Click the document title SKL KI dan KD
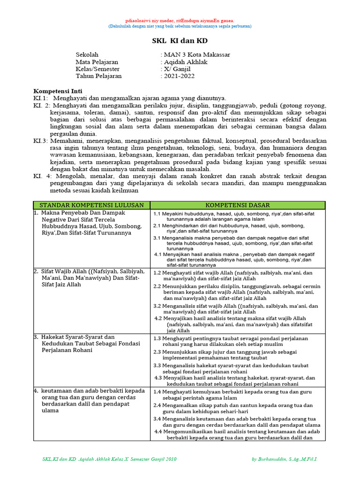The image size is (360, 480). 180,41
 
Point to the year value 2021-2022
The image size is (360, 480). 179,76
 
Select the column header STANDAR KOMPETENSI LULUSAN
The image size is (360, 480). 91,205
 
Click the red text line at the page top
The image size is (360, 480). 180,21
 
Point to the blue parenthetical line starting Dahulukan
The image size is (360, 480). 180,26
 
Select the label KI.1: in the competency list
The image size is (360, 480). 41,98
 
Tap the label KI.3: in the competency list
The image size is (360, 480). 41,141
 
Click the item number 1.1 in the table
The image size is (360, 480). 158,214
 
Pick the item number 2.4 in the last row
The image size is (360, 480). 158,405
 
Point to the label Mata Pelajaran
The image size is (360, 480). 97,62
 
